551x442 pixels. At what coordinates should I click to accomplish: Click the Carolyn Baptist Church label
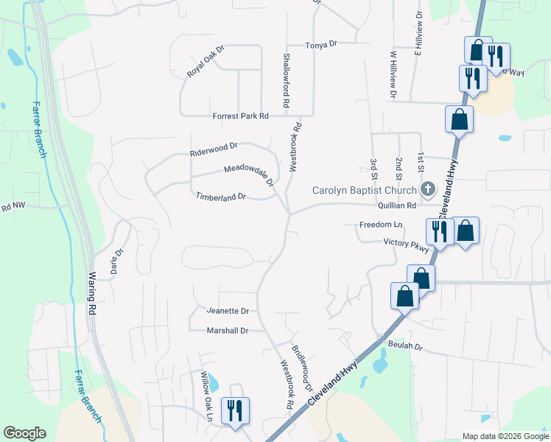click(365, 189)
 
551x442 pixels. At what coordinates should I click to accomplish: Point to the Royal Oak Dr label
click(205, 63)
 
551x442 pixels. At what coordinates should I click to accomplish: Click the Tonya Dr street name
click(321, 44)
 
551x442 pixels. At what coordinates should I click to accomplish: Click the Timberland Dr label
click(220, 197)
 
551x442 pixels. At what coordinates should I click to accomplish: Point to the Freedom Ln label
click(382, 224)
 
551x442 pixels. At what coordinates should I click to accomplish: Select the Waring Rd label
click(94, 294)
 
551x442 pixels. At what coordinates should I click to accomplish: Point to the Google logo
click(24, 433)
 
